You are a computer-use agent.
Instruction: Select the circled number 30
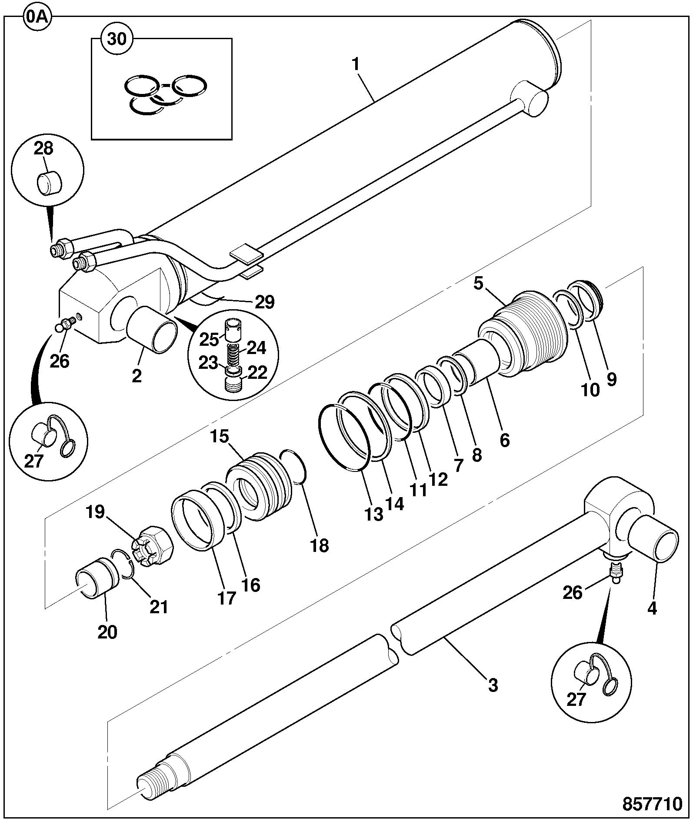point(117,39)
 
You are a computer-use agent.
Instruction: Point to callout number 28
point(44,148)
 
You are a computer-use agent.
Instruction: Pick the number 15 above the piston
point(220,436)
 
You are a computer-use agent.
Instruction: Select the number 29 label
point(265,301)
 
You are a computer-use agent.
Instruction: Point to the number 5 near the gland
point(478,284)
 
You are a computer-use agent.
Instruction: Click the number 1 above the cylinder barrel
point(356,65)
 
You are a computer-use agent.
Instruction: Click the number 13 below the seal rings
point(374,514)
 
